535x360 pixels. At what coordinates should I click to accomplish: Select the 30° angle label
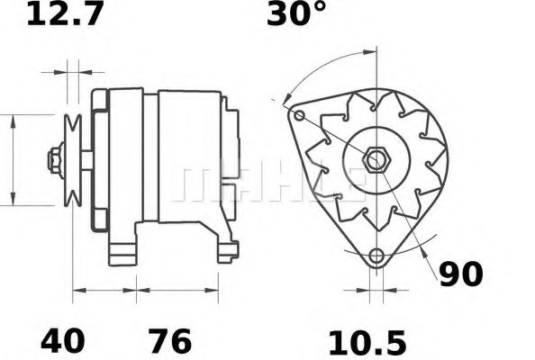pos(295,14)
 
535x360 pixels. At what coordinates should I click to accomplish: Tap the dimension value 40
pos(63,341)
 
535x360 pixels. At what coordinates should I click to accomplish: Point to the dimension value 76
pos(168,341)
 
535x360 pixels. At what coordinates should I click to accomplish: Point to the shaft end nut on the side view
pos(53,159)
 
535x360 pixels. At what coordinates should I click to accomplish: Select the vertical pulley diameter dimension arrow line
pos(13,159)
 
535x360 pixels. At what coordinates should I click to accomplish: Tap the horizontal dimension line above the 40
pos(104,291)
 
